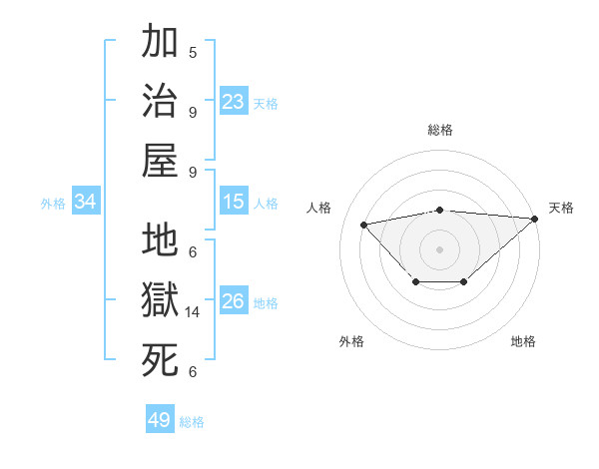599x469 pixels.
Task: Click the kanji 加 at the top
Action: point(160,44)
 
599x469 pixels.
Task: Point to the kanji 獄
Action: point(160,300)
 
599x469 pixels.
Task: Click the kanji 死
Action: point(160,359)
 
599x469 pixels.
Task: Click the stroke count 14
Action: point(194,312)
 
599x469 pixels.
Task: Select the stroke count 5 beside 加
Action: point(193,53)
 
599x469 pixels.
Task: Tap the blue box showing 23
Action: point(234,101)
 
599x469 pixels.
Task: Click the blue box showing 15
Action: point(234,202)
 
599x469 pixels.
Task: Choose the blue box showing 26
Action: point(234,301)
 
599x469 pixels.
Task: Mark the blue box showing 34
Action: point(86,202)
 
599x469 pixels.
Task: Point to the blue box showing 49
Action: point(160,420)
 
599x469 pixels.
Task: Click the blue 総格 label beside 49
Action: point(192,422)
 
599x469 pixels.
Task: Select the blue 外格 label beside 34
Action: point(53,204)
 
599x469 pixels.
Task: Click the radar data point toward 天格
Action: point(535,219)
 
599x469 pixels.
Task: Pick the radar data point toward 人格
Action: point(364,224)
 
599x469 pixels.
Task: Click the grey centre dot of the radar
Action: point(440,248)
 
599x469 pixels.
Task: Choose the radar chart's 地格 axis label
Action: point(523,341)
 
